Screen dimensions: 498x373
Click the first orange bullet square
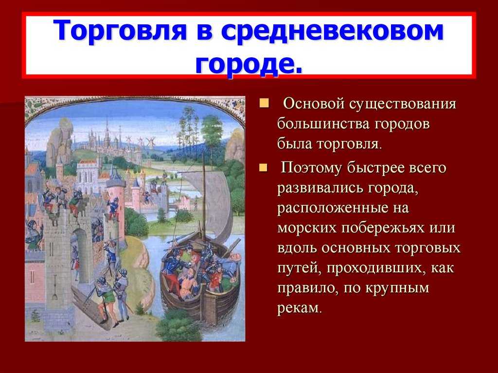(x=264, y=103)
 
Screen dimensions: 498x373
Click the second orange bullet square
(x=263, y=167)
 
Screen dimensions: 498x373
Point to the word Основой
(x=314, y=104)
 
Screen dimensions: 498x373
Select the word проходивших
(x=374, y=269)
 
